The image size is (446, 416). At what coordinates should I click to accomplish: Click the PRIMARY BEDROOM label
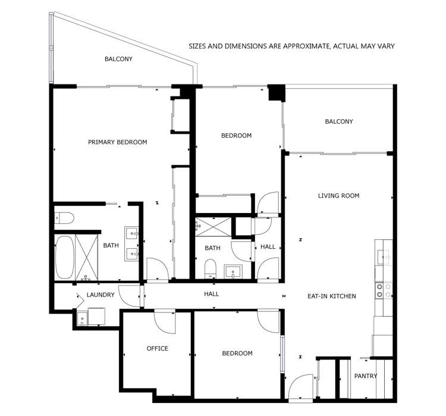click(117, 142)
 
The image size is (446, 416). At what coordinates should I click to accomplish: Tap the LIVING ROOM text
click(338, 196)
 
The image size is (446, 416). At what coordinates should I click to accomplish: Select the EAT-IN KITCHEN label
click(331, 296)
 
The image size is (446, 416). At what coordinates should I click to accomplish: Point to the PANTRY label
click(365, 376)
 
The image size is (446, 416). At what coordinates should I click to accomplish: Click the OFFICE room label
click(158, 349)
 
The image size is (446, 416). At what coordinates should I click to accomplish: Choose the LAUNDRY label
click(100, 295)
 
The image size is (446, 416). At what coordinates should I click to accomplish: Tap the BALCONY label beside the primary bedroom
click(118, 59)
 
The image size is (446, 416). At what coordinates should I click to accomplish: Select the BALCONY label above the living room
click(339, 121)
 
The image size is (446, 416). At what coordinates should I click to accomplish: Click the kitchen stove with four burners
click(384, 290)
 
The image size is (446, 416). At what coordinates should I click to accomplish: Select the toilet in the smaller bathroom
click(210, 270)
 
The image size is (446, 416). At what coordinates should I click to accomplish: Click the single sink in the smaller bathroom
click(233, 272)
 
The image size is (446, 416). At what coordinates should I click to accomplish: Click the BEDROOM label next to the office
click(237, 354)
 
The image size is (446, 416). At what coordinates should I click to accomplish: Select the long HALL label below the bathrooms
click(211, 294)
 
